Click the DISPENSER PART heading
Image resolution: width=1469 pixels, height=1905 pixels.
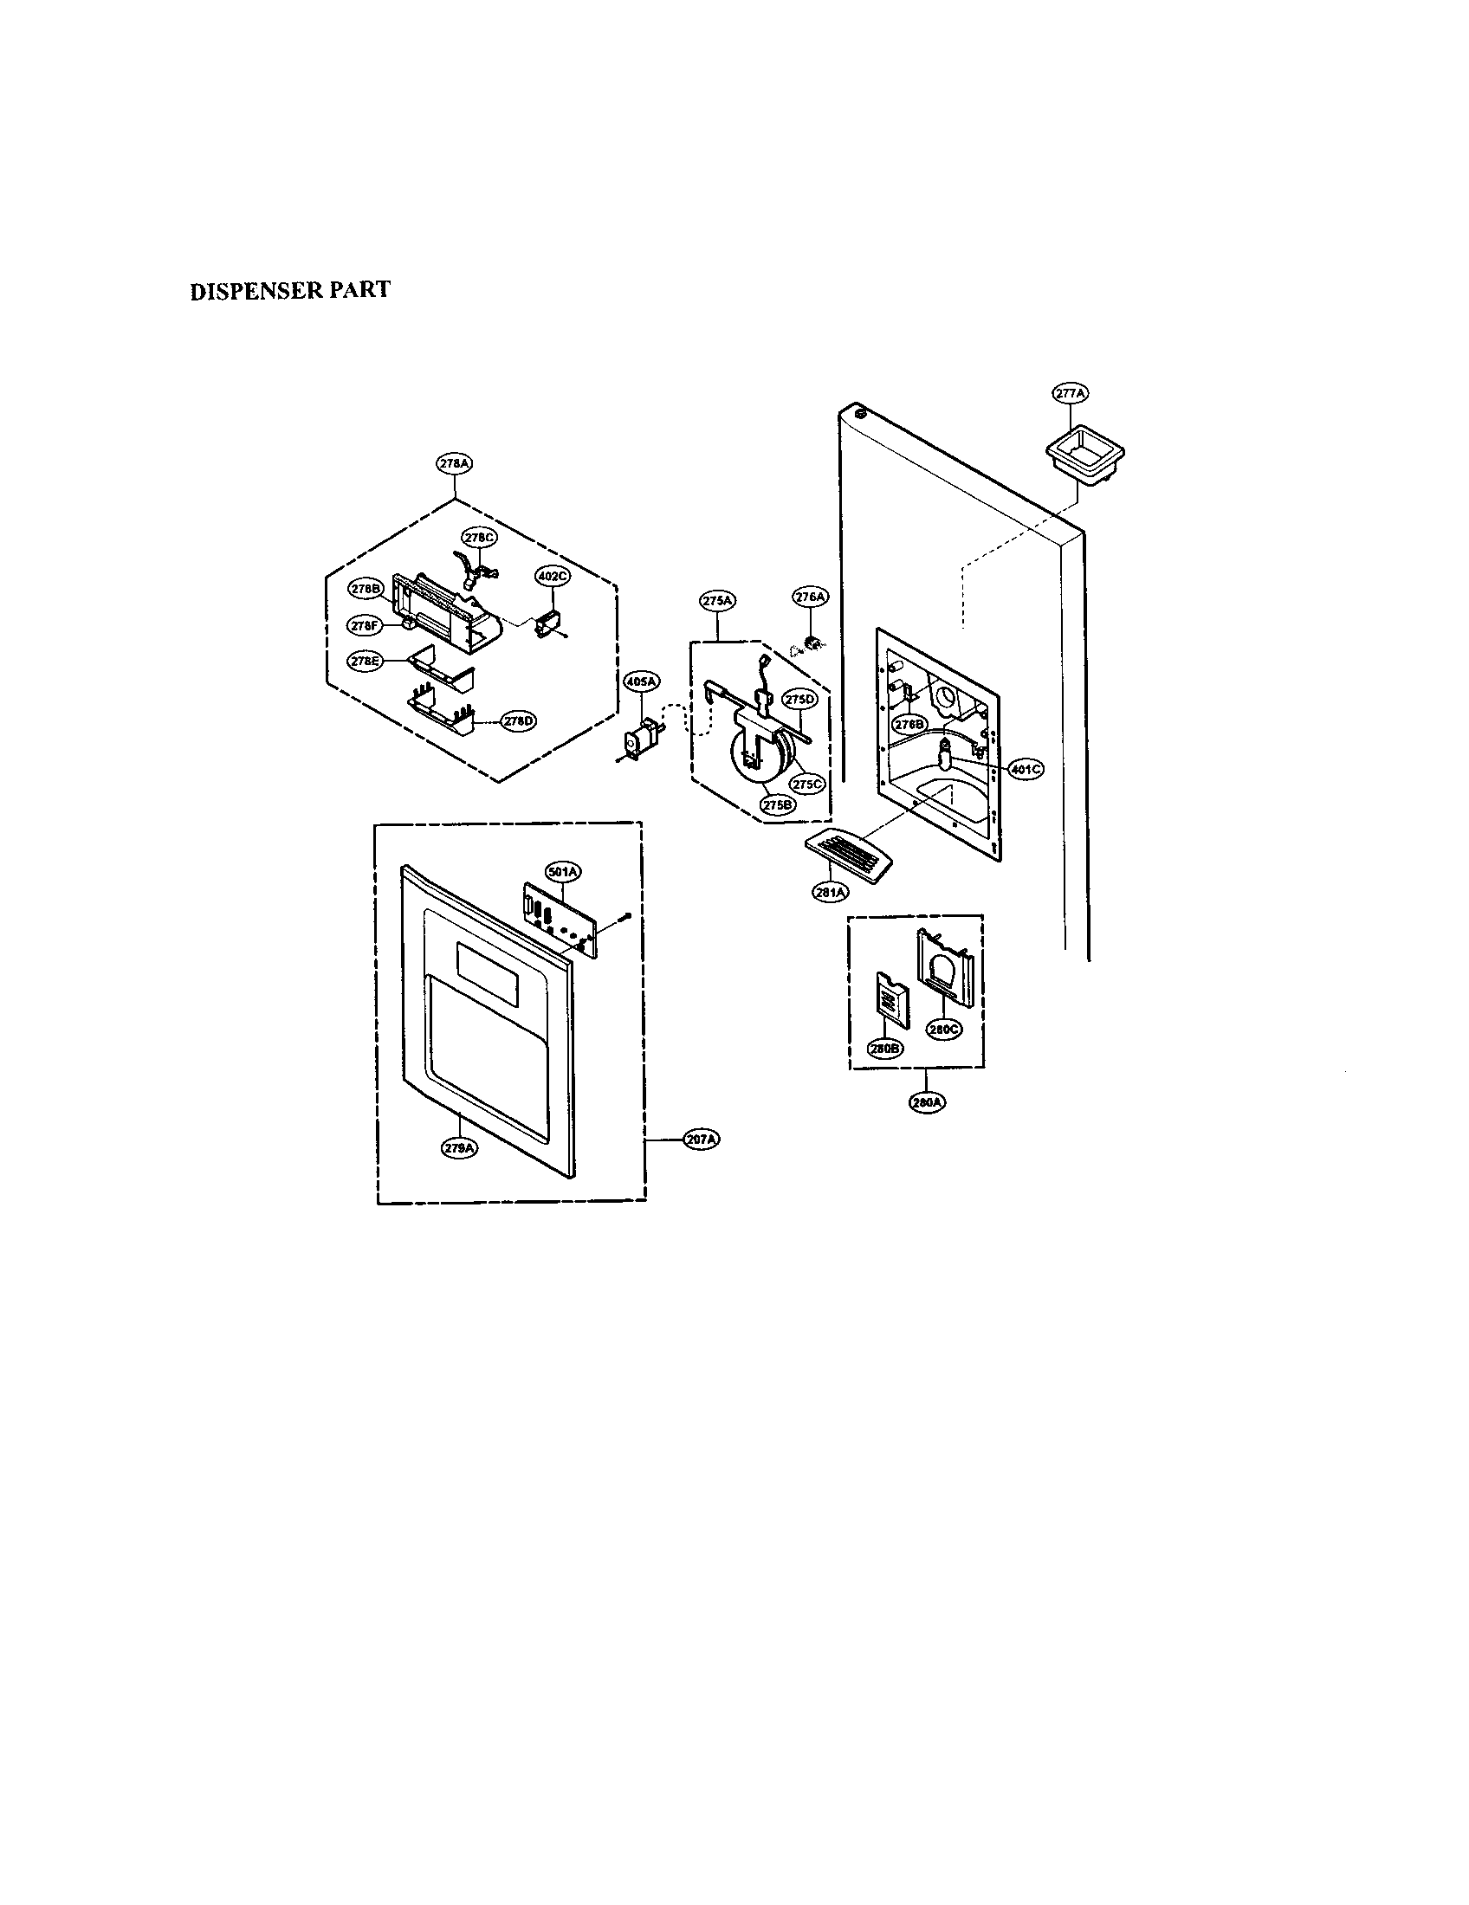290,290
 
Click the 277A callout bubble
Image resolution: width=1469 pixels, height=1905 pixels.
1070,394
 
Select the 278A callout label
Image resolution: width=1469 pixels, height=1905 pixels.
454,465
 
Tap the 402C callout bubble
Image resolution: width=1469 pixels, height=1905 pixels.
553,577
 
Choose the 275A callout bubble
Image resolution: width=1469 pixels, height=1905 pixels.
717,600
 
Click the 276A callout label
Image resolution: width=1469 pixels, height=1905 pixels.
810,597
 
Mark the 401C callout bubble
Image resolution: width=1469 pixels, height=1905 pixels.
1026,769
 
